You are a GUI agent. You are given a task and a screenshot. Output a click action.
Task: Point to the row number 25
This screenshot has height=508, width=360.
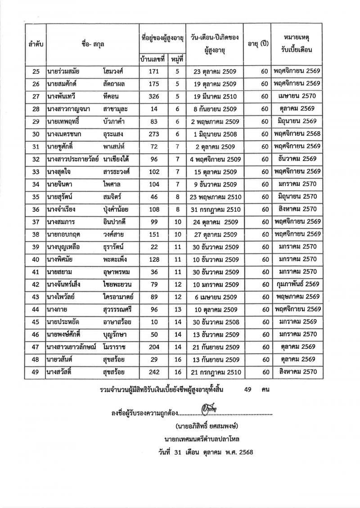click(x=36, y=71)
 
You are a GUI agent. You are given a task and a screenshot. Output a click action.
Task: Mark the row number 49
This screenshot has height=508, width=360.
click(x=36, y=371)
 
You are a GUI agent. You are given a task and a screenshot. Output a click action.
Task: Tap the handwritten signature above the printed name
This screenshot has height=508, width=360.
click(x=210, y=410)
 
